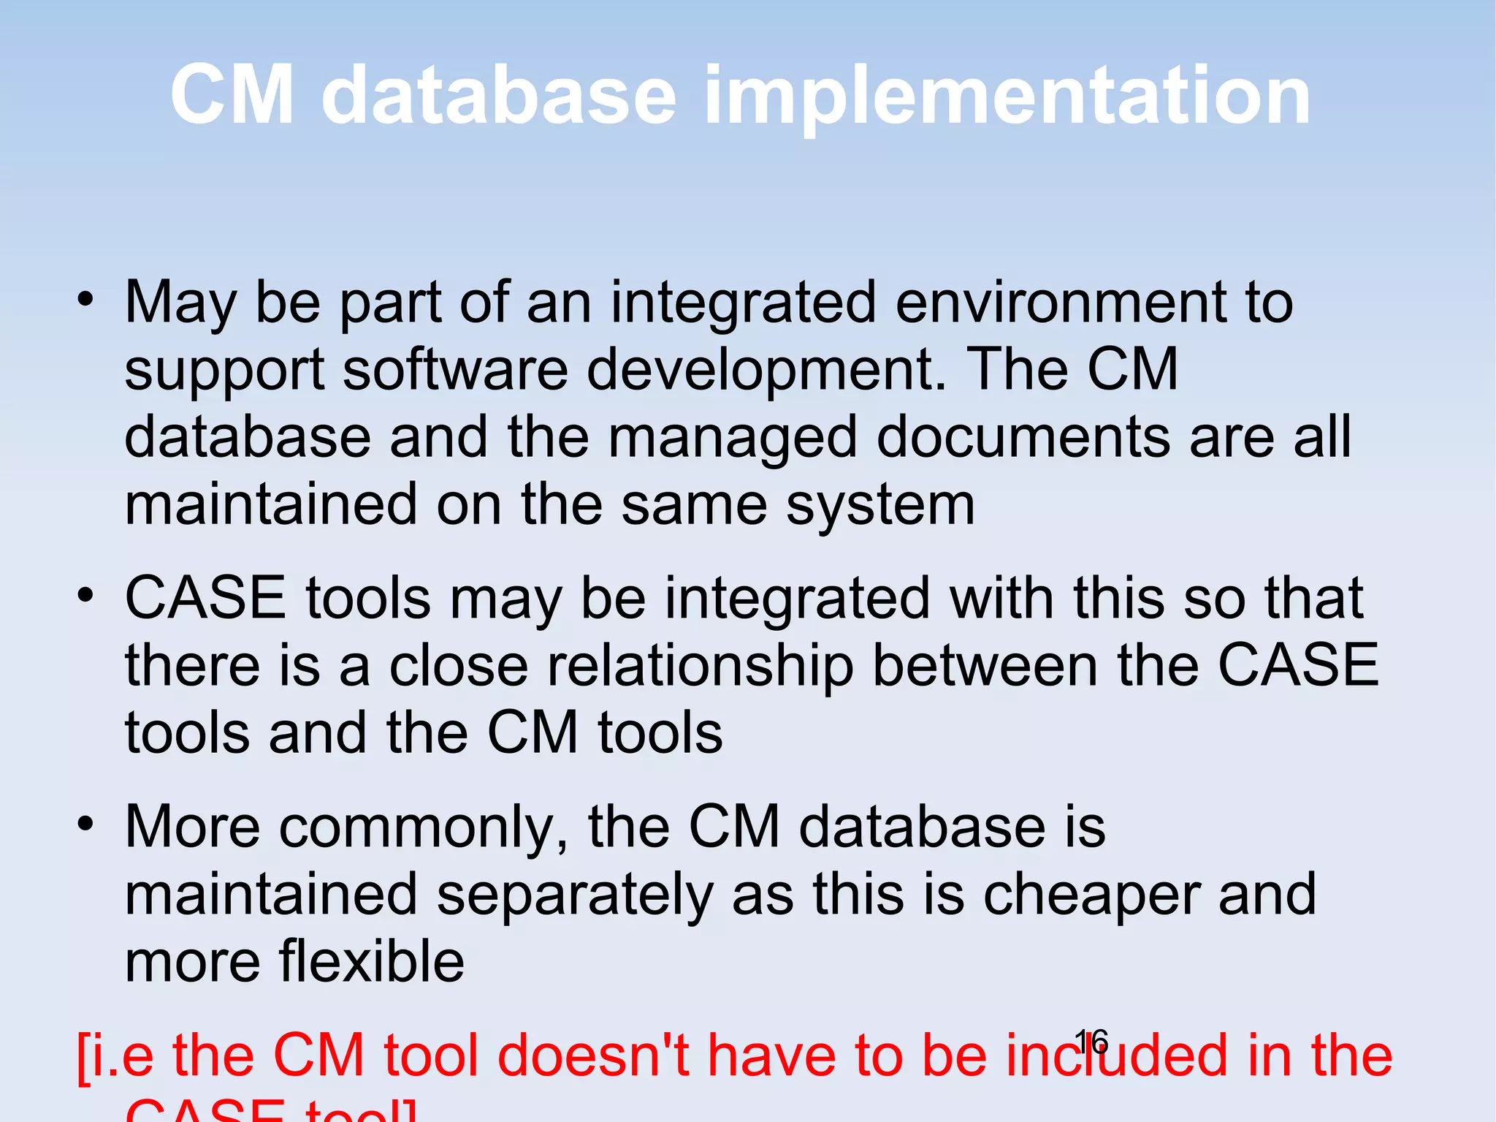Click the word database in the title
[499, 95]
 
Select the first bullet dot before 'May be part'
[86, 299]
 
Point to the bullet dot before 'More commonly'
[86, 824]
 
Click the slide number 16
[1091, 1041]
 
